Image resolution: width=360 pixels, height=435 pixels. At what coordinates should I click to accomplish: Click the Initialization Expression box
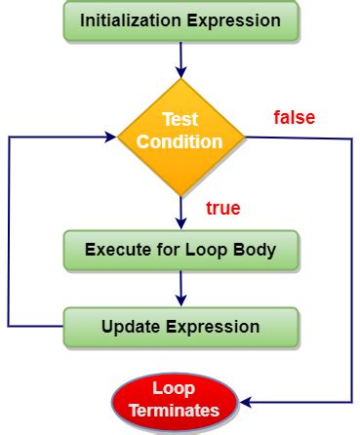point(180,20)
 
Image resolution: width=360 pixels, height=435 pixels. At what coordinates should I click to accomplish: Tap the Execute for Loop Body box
point(180,250)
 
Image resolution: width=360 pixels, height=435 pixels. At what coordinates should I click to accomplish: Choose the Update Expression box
point(180,327)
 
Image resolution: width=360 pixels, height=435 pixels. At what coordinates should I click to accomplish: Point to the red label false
point(294,119)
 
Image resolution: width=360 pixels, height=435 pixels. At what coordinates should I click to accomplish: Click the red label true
point(223,208)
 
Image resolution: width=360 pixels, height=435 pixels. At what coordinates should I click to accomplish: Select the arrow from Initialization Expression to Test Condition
point(180,58)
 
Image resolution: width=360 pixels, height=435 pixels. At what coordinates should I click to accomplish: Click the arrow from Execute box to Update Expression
point(180,288)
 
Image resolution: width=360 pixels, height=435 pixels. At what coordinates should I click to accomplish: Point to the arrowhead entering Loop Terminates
point(245,402)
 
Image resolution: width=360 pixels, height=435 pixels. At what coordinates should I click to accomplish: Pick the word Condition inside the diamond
point(180,142)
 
